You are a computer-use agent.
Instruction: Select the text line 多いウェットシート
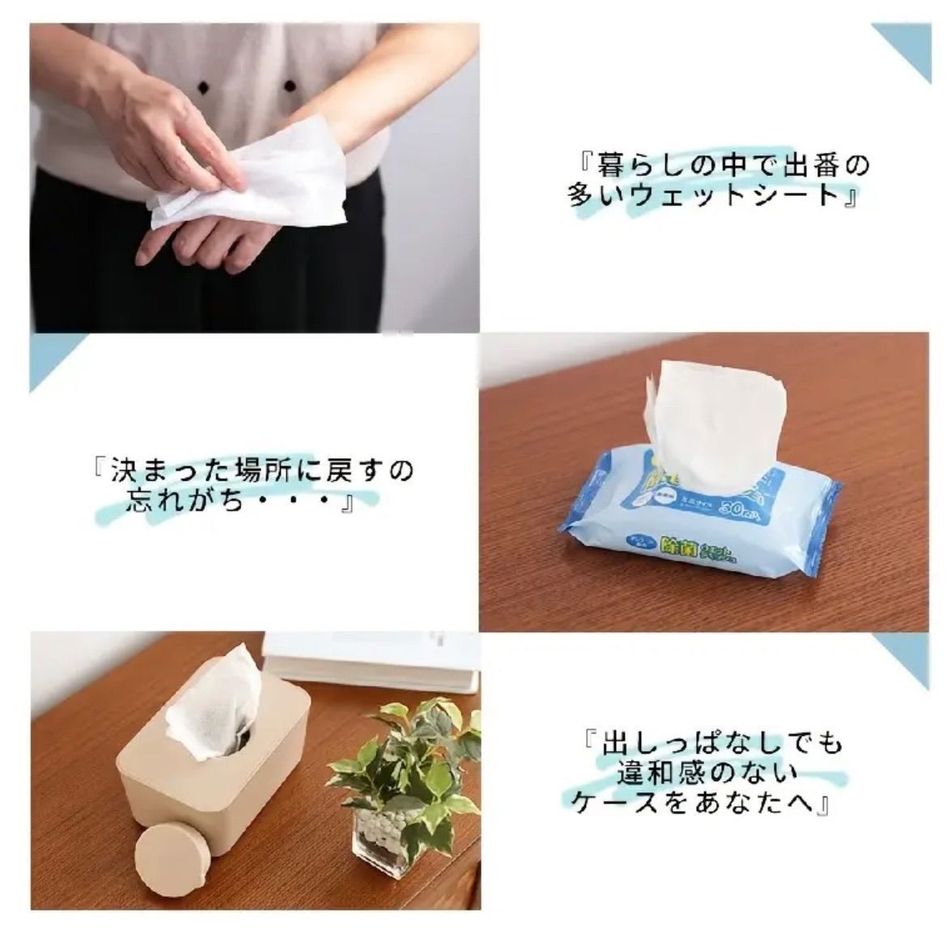(712, 196)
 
